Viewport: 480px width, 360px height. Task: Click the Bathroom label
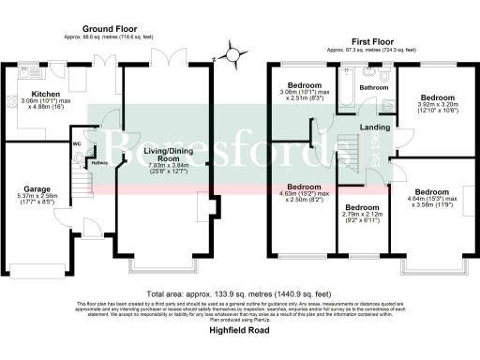click(375, 88)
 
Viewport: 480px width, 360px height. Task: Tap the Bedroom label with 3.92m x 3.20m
click(437, 97)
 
